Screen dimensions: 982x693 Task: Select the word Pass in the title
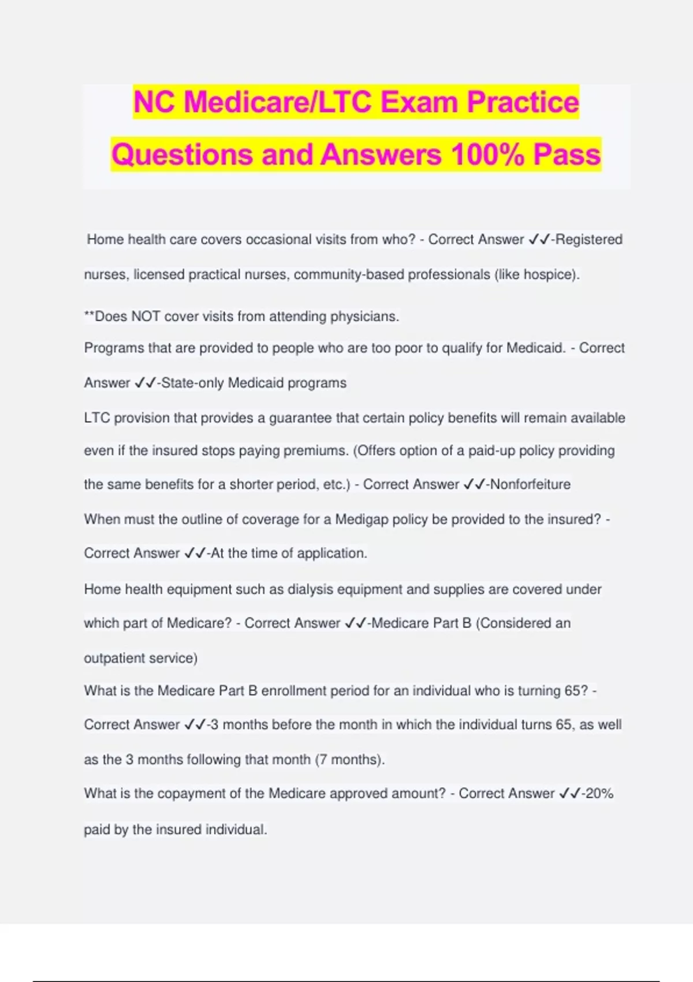click(x=567, y=155)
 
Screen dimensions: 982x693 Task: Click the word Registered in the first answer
click(x=588, y=239)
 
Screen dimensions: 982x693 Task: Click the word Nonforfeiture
click(x=530, y=484)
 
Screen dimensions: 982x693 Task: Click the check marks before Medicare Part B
click(x=356, y=623)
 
